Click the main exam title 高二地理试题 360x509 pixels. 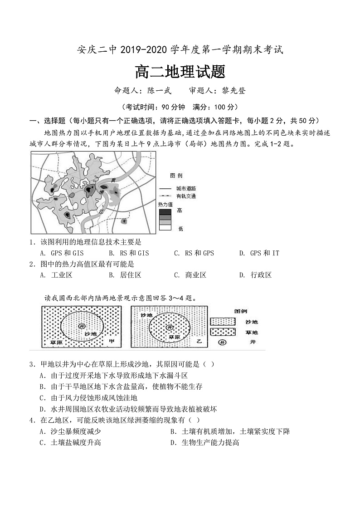pyautogui.click(x=180, y=72)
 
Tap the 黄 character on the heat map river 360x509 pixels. pyautogui.click(x=114, y=180)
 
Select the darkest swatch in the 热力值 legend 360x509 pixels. pyautogui.click(x=165, y=211)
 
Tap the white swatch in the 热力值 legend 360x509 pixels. pyautogui.click(x=165, y=228)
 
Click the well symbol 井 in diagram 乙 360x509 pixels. pyautogui.click(x=170, y=327)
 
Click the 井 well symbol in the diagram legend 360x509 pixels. pyautogui.click(x=223, y=342)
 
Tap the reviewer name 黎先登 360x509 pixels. pyautogui.click(x=234, y=90)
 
